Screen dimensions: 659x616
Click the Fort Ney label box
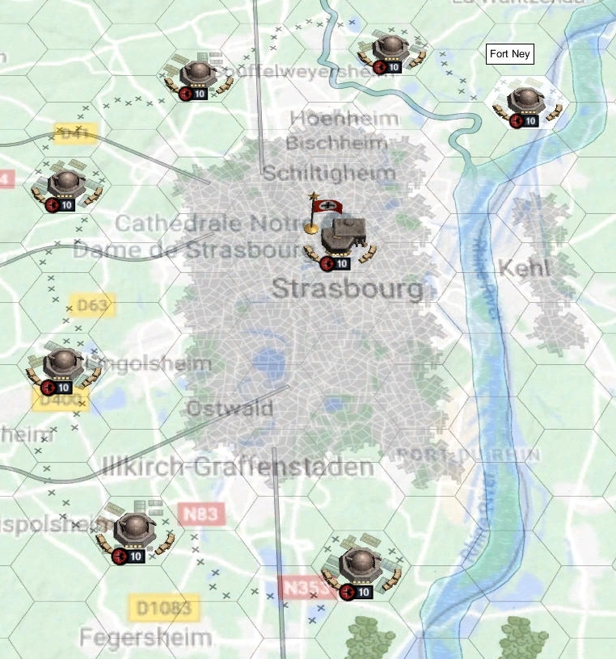[510, 54]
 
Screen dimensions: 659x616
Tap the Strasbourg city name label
[348, 288]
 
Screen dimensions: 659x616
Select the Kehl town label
[525, 267]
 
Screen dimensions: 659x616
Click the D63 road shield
[93, 305]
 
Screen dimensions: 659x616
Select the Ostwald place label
[230, 409]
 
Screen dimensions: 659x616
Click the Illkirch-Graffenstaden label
[238, 467]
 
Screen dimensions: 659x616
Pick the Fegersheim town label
[146, 637]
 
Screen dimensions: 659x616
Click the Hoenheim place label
[344, 119]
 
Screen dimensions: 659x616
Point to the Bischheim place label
[336, 144]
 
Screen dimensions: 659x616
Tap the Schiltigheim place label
[328, 173]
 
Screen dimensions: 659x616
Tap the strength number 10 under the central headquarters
[341, 263]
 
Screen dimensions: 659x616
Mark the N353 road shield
[305, 587]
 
